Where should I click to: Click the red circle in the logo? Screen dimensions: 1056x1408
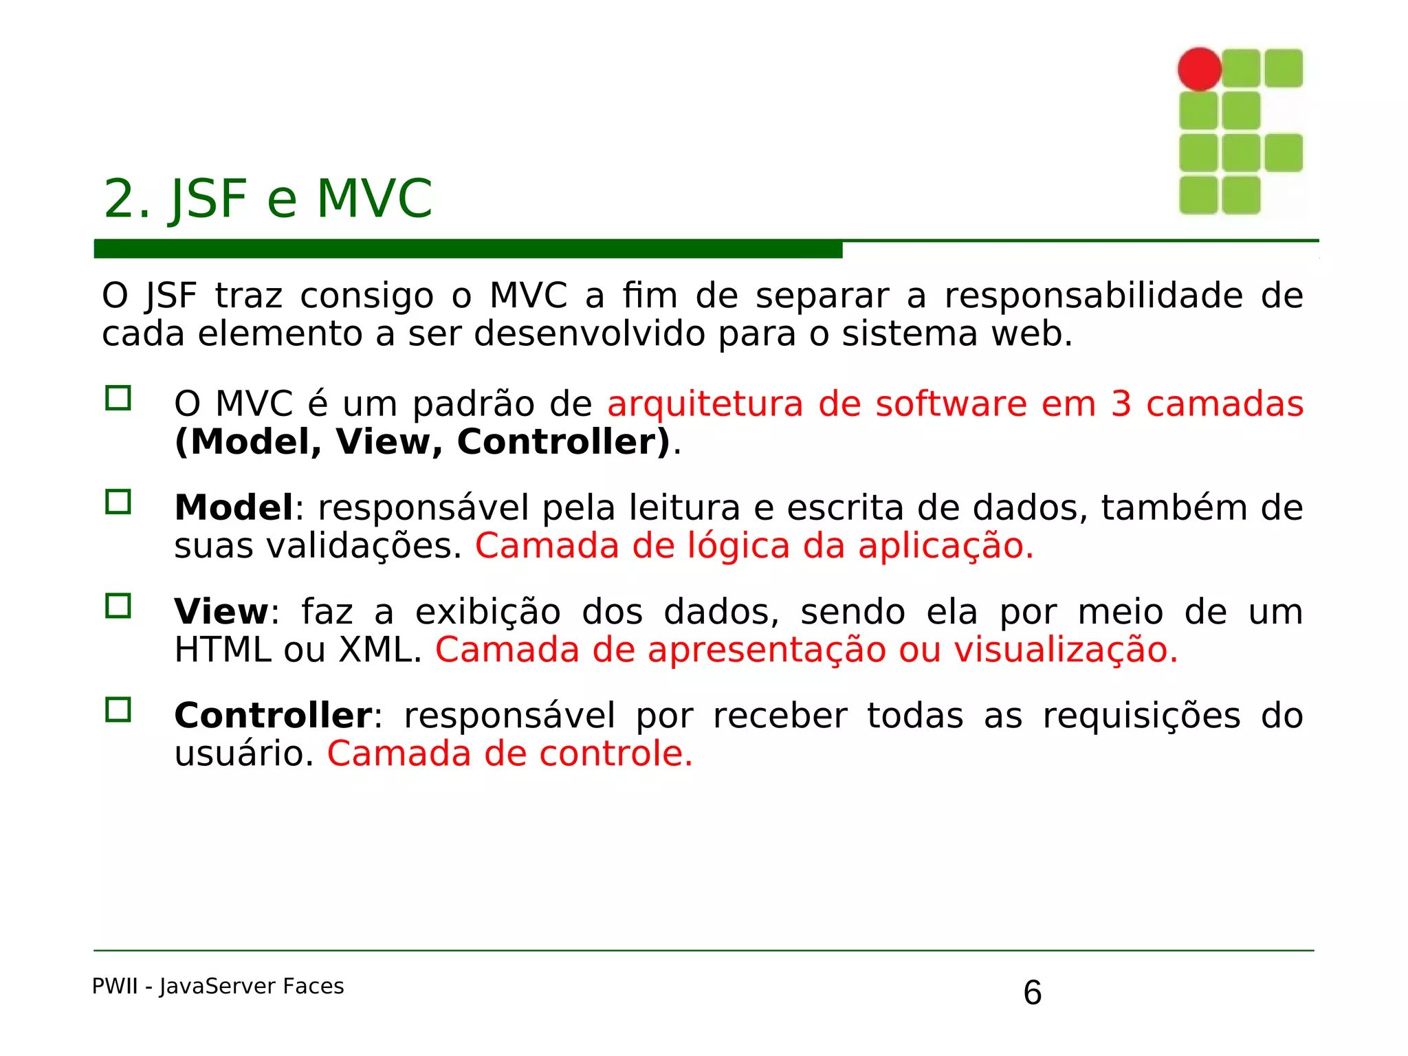(x=1199, y=69)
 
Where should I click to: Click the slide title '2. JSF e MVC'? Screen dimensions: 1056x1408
(x=267, y=199)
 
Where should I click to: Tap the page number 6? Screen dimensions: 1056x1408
(x=1032, y=993)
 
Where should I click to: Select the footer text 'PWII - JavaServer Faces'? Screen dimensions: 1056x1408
(x=218, y=987)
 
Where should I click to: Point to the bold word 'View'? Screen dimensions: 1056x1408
(x=221, y=612)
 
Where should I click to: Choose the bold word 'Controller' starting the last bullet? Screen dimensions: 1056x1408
(x=274, y=716)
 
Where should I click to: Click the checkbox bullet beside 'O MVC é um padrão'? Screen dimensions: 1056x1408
(x=118, y=399)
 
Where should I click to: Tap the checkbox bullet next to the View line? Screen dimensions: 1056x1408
(x=118, y=606)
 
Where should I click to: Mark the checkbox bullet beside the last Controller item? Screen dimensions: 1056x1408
(x=118, y=710)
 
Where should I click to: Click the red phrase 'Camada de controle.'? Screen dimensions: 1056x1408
(x=510, y=753)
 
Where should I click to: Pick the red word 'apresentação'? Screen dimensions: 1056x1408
(x=767, y=650)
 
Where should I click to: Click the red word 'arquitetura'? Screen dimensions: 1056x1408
(x=705, y=404)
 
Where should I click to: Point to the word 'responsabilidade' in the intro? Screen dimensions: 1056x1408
(x=1093, y=296)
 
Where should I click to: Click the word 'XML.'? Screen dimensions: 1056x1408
(x=380, y=650)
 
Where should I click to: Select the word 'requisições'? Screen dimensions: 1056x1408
(x=1141, y=716)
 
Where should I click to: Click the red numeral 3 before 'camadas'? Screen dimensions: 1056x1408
(x=1121, y=404)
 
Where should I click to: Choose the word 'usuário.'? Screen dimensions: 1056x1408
(x=244, y=754)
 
